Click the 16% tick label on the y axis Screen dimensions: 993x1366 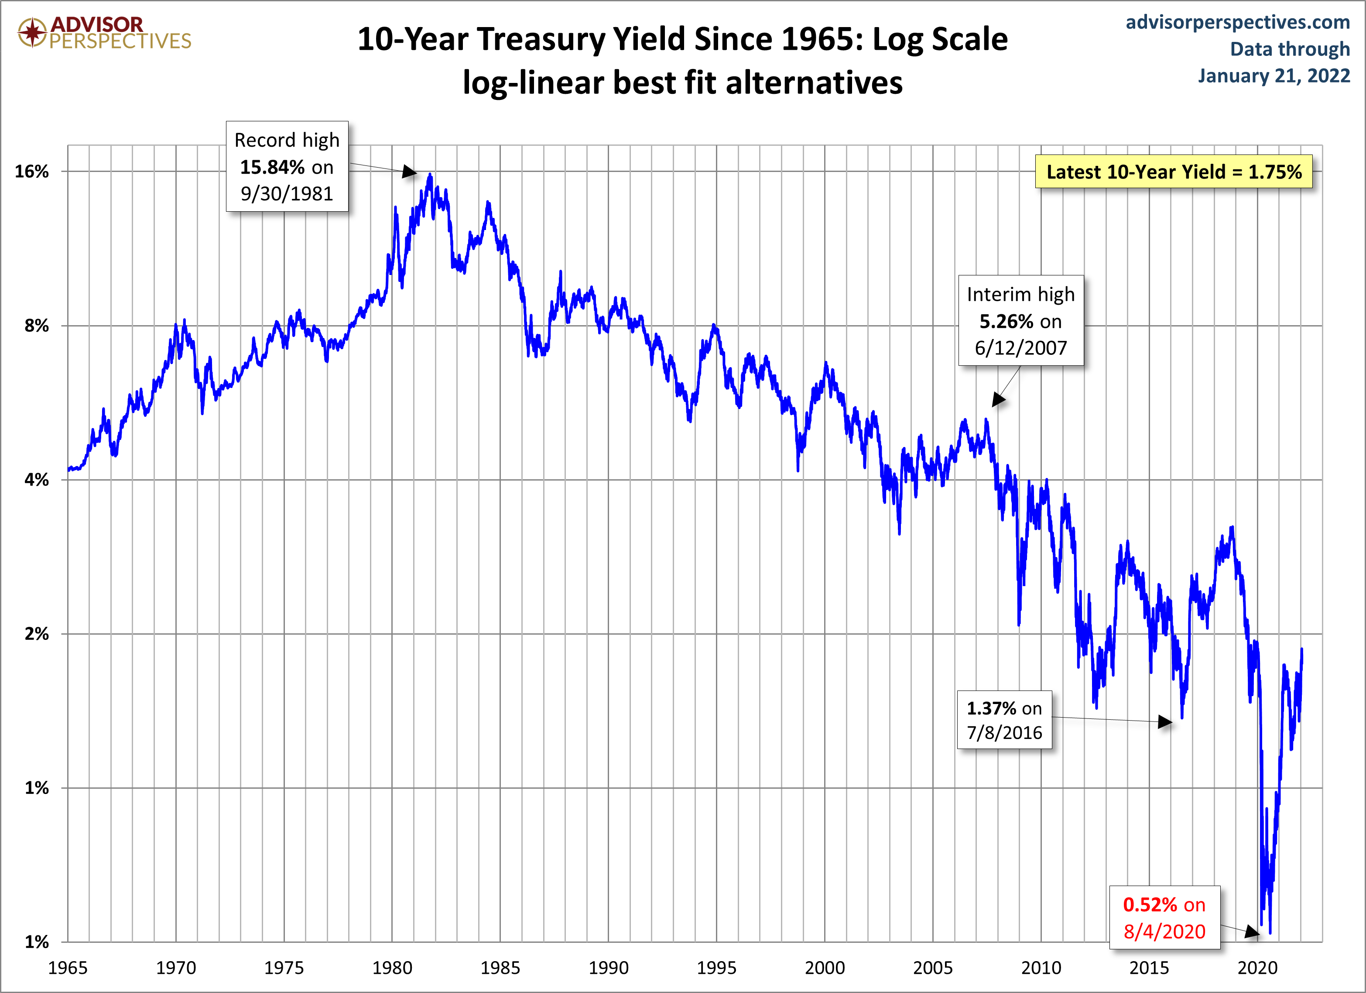point(31,172)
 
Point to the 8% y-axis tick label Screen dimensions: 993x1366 point(36,326)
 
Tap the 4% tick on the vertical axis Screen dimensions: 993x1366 point(36,480)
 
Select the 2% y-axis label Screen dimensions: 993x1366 point(36,634)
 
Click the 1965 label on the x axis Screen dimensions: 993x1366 point(68,968)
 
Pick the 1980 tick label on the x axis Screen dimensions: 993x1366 point(392,968)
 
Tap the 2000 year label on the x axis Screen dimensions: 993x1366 point(825,968)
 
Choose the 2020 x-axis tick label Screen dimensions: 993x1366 point(1257,968)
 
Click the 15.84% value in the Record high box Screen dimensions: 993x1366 point(272,167)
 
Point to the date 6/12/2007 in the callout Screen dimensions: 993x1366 point(1021,348)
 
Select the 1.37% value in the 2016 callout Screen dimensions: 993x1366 point(991,708)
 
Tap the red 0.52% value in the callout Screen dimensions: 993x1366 point(1150,905)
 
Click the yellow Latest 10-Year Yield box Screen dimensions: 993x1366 point(1174,172)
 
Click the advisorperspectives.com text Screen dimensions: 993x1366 point(1238,22)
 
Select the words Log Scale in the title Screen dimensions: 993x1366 point(940,39)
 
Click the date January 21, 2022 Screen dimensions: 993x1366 point(1274,76)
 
